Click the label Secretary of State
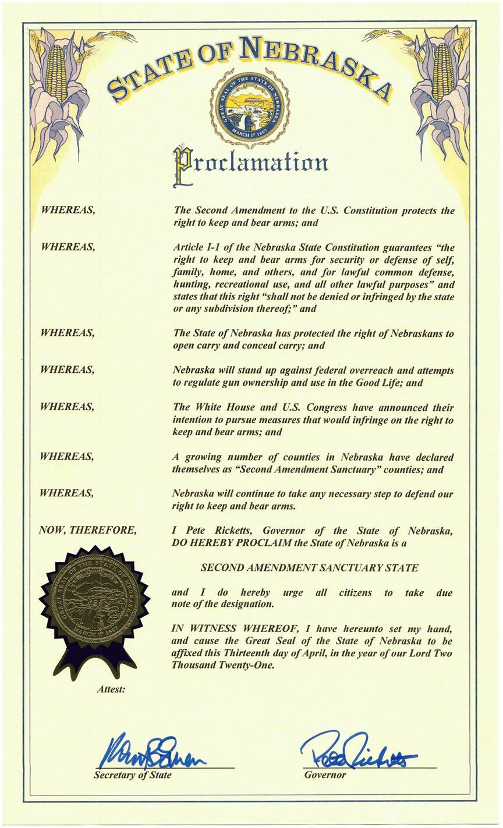click(133, 775)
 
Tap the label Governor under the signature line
click(325, 775)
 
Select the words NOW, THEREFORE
click(87, 530)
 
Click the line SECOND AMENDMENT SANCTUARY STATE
click(309, 567)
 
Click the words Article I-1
click(196, 247)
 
